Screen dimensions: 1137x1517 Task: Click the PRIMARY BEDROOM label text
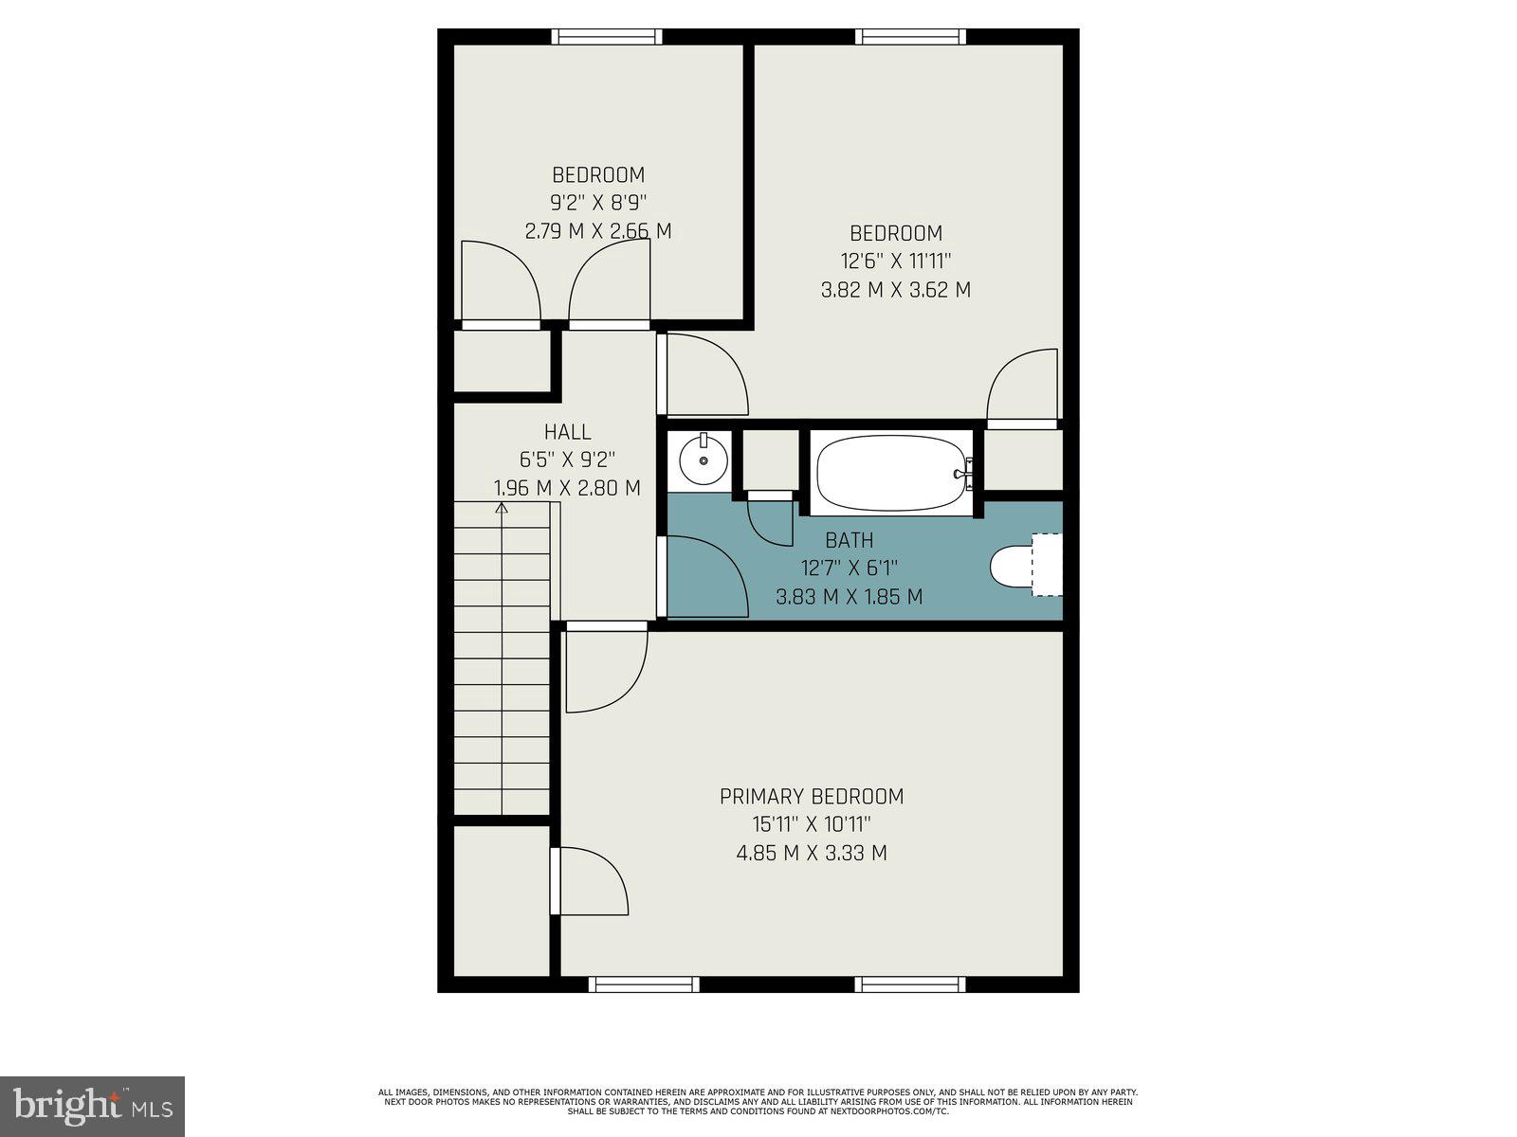tap(811, 797)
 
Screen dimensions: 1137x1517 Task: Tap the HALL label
tap(567, 432)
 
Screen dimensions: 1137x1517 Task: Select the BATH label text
tap(849, 540)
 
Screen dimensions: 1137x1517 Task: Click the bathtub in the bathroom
tap(892, 473)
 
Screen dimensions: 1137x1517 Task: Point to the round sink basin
tap(704, 460)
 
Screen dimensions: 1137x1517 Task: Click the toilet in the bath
tap(1014, 566)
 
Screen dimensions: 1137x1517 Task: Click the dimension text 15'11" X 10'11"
tap(811, 824)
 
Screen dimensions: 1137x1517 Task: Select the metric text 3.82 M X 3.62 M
tap(895, 290)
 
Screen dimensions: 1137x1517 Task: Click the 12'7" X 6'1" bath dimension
tap(849, 568)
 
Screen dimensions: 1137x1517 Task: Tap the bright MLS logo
tap(93, 1106)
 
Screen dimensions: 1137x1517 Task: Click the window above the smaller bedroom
tap(607, 37)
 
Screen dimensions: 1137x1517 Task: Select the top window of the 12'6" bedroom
tap(910, 37)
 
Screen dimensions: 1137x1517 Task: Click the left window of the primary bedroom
tap(644, 984)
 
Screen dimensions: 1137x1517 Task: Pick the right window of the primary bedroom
tap(910, 984)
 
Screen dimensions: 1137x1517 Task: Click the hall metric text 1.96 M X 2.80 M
tap(567, 489)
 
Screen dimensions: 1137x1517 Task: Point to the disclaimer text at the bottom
tap(758, 1102)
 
